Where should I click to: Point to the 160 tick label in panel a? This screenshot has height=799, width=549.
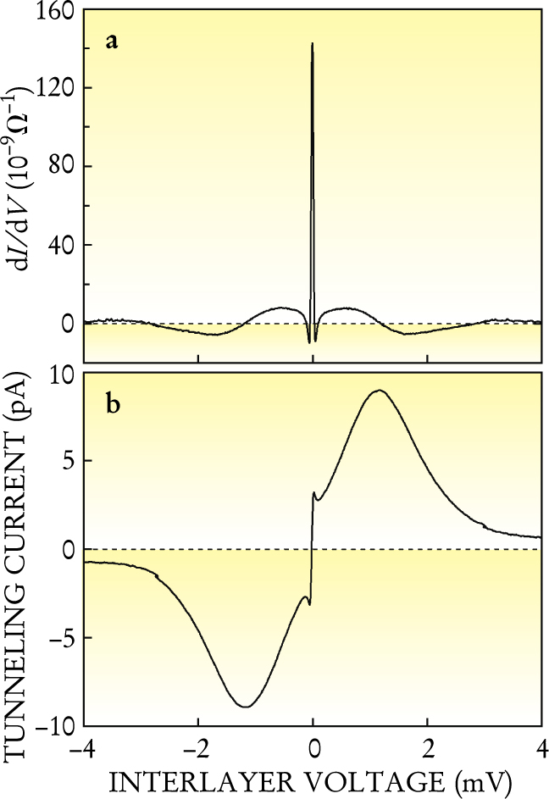tap(55, 12)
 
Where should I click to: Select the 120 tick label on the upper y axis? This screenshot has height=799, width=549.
tap(55, 88)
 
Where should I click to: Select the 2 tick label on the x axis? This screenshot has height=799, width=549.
tap(428, 749)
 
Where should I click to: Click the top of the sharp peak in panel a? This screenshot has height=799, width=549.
tap(313, 43)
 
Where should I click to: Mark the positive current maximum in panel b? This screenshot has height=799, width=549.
tap(380, 390)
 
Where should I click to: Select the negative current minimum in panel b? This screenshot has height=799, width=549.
tap(246, 706)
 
